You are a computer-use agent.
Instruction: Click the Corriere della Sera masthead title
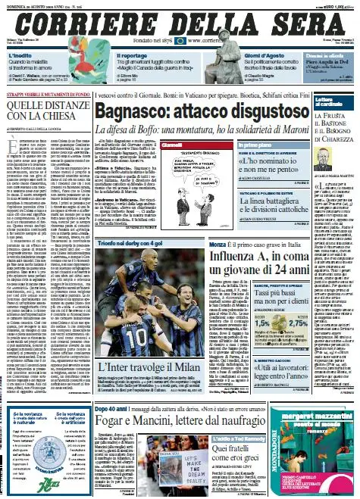[x=180, y=21]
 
